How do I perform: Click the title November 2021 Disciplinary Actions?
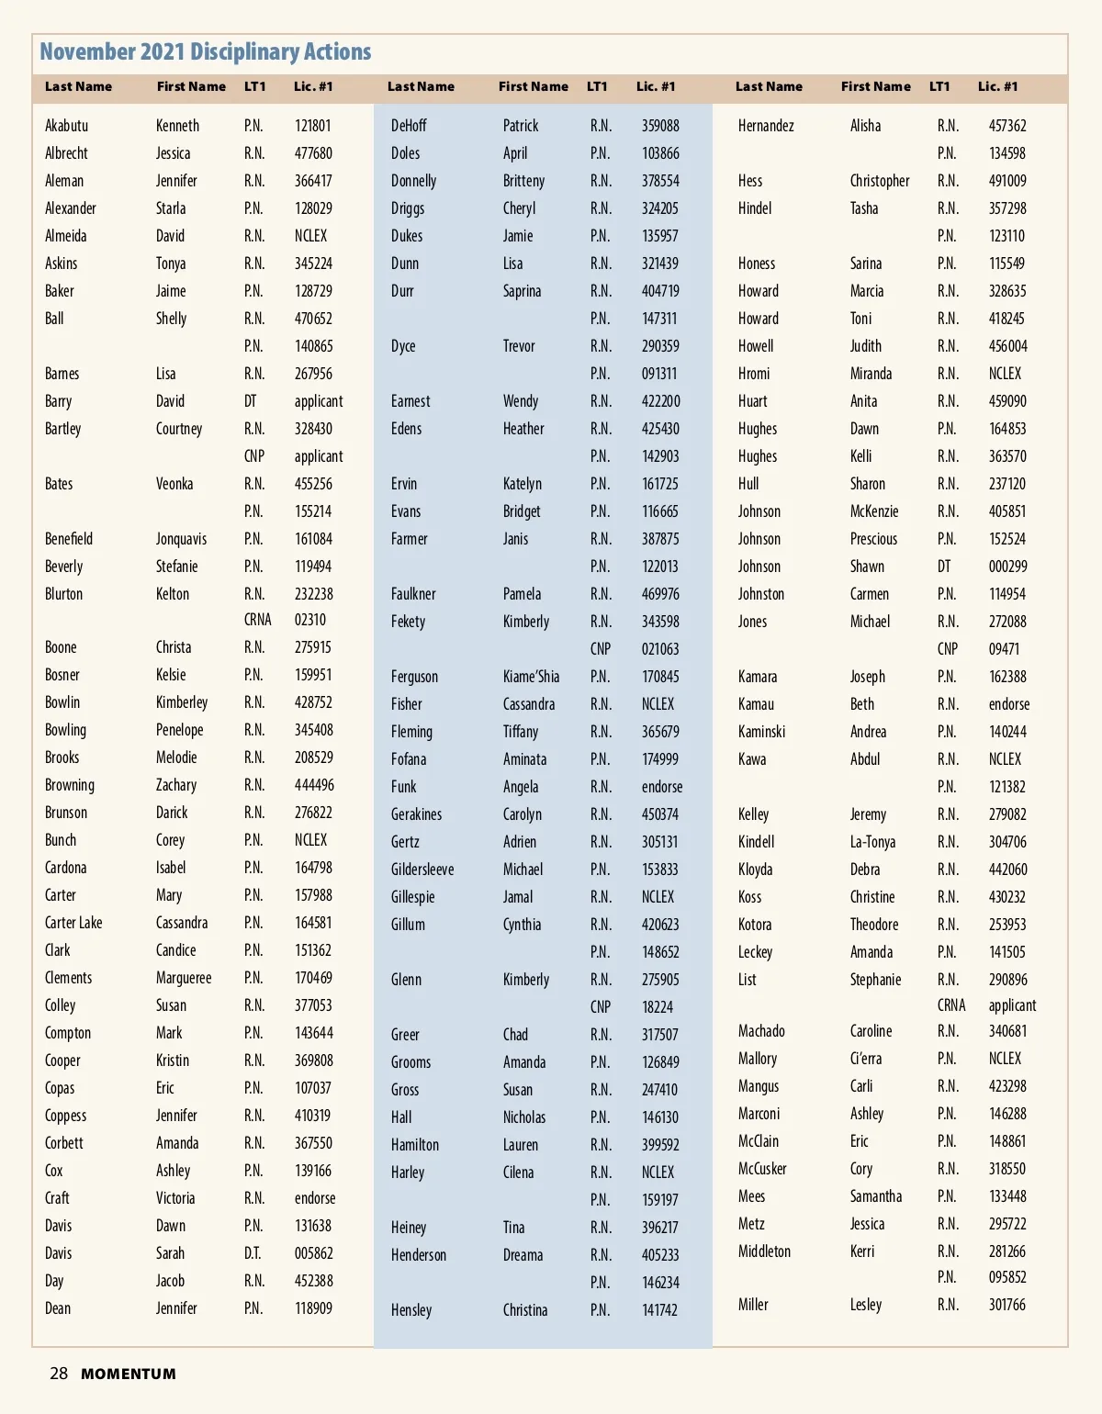pyautogui.click(x=206, y=52)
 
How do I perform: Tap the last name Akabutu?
pyautogui.click(x=66, y=126)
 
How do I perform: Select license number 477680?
pyautogui.click(x=313, y=153)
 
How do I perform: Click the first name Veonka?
pyautogui.click(x=174, y=484)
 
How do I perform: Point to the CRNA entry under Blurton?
pyautogui.click(x=257, y=620)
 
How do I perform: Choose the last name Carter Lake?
pyautogui.click(x=73, y=923)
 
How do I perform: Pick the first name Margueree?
pyautogui.click(x=184, y=978)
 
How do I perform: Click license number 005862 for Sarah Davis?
pyautogui.click(x=313, y=1253)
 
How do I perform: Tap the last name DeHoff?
pyautogui.click(x=409, y=126)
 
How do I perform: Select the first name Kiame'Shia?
pyautogui.click(x=531, y=677)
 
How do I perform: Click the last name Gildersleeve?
pyautogui.click(x=422, y=870)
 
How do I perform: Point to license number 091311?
pyautogui.click(x=659, y=374)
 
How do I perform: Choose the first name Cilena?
pyautogui.click(x=518, y=1173)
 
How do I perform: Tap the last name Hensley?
pyautogui.click(x=411, y=1310)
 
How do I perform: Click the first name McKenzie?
pyautogui.click(x=874, y=511)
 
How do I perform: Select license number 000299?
pyautogui.click(x=1007, y=567)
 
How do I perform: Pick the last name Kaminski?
pyautogui.click(x=761, y=732)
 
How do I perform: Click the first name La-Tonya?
pyautogui.click(x=872, y=842)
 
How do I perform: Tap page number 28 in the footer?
pyautogui.click(x=59, y=1374)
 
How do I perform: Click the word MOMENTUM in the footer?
pyautogui.click(x=129, y=1375)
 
